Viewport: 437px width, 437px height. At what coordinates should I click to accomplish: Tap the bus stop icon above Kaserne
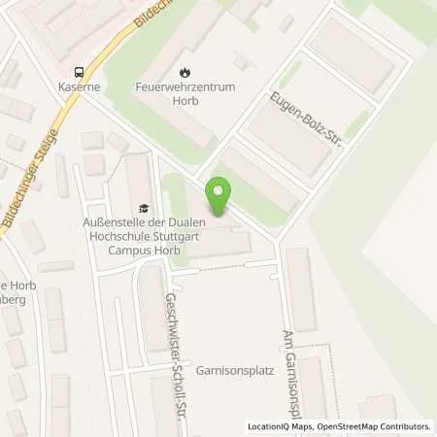tap(79, 72)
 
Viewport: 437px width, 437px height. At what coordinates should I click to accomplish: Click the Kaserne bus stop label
tap(79, 86)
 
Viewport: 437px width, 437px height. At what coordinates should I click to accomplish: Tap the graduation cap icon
tap(145, 207)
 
